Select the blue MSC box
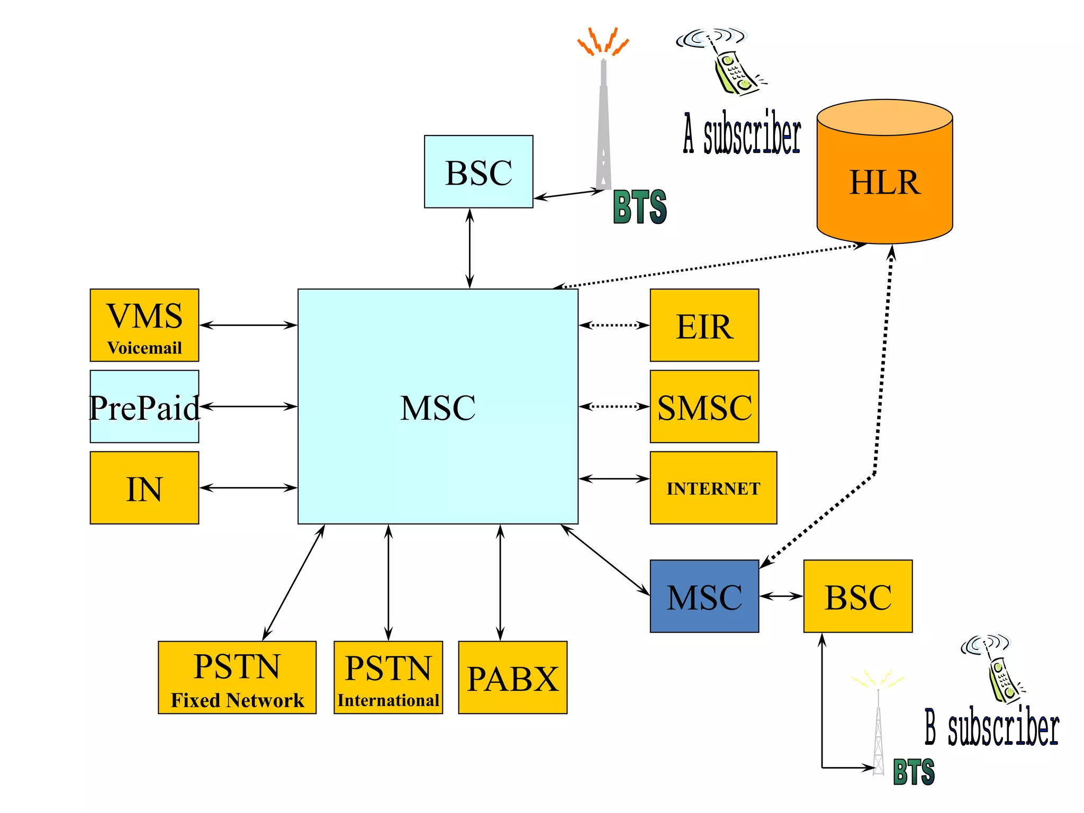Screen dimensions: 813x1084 pos(704,596)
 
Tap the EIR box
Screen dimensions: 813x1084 pos(704,325)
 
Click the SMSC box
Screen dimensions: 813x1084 pos(704,406)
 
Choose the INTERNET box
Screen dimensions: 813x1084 pos(713,487)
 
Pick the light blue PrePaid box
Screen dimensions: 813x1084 pos(144,406)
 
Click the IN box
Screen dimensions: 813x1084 pos(144,487)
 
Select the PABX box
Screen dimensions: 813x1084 pos(512,677)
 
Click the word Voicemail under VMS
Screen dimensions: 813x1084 pos(144,348)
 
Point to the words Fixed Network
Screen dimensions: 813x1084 pos(237,700)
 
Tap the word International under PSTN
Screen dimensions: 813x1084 pos(388,700)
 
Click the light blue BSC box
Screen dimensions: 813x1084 pos(478,171)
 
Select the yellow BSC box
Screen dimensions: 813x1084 pos(857,596)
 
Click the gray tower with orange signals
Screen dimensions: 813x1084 pos(603,122)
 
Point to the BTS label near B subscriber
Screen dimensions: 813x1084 pos(914,772)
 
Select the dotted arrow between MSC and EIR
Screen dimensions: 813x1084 pos(614,325)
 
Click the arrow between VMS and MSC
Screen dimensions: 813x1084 pos(248,325)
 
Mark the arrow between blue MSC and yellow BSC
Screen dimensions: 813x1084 pos(781,597)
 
